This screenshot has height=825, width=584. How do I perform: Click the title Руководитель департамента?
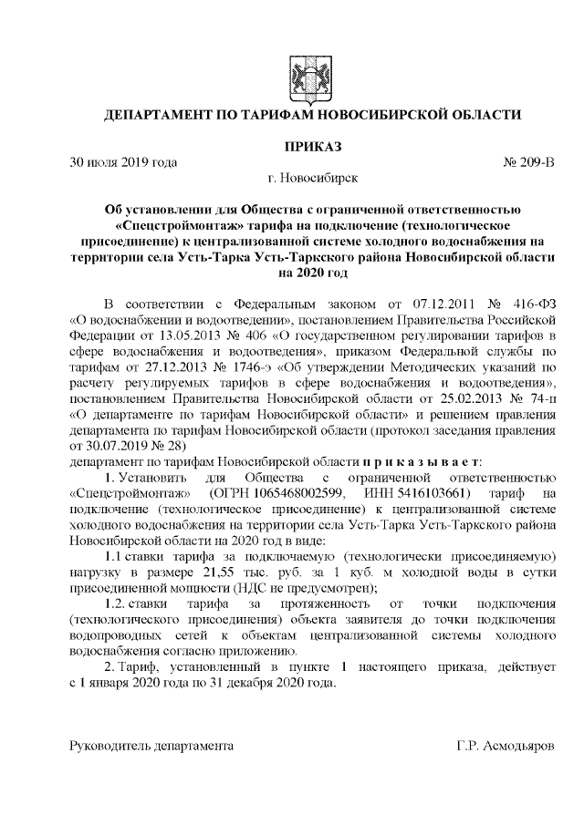[151, 746]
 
